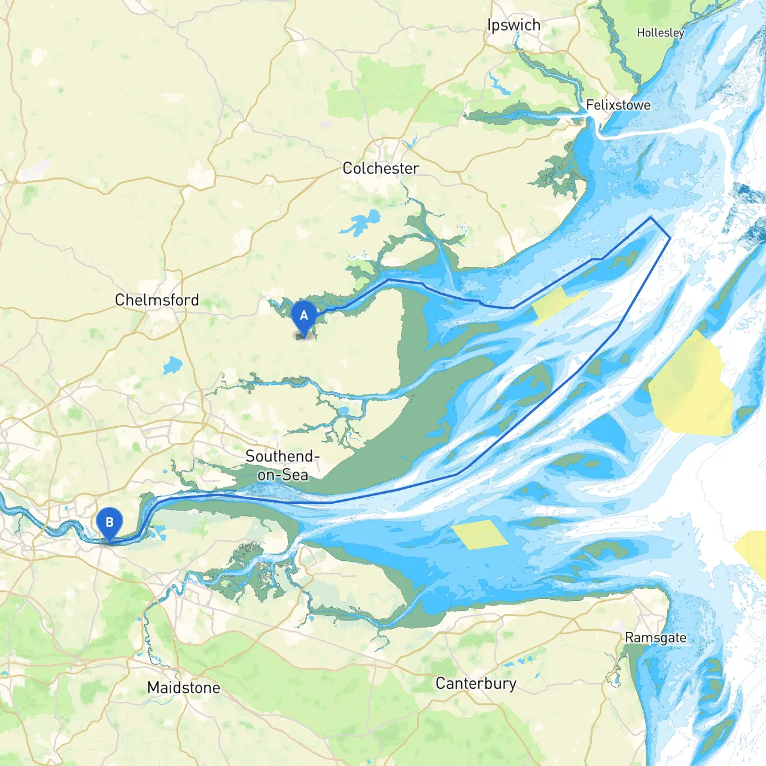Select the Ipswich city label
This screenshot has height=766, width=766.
coord(513,25)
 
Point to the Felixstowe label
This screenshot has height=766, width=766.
coord(618,105)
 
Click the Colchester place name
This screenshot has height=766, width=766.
coord(381,168)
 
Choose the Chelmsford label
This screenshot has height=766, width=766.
coord(157,300)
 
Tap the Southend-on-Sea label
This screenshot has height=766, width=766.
coord(282,465)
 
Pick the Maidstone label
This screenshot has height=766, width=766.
coord(184,688)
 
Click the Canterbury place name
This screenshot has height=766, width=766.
coord(476,683)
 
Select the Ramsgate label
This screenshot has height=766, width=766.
coord(655,638)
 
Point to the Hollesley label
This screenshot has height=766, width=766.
coord(660,33)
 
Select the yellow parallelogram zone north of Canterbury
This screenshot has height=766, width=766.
coord(479,534)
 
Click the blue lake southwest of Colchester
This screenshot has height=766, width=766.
coord(361,223)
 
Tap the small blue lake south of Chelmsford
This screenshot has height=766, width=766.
coord(172,365)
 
